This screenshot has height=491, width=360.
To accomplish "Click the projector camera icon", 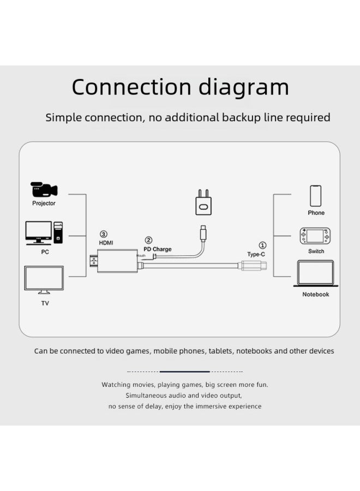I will (44, 189).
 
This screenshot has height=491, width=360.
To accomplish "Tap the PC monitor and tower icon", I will (44, 232).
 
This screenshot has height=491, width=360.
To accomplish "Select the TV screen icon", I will (44, 279).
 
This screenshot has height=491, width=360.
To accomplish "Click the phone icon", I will (315, 196).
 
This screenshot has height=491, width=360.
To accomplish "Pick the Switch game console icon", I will (315, 236).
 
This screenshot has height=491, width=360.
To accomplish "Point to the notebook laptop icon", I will (315, 273).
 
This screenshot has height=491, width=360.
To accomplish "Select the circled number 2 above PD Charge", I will (148, 240).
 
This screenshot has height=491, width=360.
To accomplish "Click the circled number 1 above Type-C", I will (262, 245).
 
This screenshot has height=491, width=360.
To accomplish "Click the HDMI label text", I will (106, 242).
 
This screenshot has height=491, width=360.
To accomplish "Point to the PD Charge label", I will (158, 249).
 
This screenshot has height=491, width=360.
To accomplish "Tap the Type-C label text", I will (256, 254).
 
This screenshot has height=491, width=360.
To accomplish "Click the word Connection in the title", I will (130, 87).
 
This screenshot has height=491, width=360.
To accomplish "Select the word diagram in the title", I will (243, 87).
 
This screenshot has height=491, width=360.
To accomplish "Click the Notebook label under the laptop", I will (316, 295).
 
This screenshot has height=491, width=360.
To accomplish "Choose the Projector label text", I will (44, 203).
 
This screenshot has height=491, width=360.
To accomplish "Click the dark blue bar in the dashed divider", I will (184, 372).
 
